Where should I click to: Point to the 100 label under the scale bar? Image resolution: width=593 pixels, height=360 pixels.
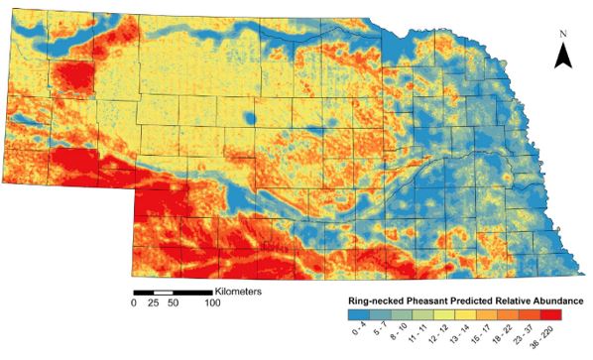(x=212, y=303)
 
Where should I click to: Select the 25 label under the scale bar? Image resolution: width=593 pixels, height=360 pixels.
(x=154, y=303)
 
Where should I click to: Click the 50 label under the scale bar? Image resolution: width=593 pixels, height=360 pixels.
(x=173, y=303)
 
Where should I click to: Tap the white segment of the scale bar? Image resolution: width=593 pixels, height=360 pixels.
(x=163, y=293)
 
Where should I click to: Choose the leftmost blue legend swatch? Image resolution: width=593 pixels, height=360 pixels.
(x=350, y=314)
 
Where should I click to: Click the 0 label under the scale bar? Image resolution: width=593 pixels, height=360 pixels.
(x=134, y=303)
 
